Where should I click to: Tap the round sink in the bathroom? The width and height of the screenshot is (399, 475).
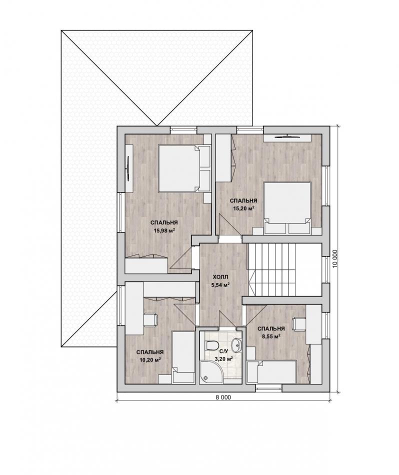236,345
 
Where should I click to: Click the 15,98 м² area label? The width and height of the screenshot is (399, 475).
164,230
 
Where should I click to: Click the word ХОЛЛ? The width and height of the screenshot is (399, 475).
220,277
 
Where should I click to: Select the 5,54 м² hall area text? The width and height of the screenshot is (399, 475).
220,285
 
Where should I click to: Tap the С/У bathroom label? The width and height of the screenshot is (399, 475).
223,351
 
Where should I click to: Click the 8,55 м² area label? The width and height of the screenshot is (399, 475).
271,336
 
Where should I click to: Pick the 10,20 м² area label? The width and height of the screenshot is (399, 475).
149,359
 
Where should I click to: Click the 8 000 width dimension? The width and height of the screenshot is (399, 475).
223,397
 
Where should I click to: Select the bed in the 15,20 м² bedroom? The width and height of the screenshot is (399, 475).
287,208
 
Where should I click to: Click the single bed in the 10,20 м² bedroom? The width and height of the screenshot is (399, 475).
183,357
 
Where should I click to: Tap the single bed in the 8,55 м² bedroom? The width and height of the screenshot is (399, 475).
271,371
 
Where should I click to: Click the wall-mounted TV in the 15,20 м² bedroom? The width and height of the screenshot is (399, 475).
287,136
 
